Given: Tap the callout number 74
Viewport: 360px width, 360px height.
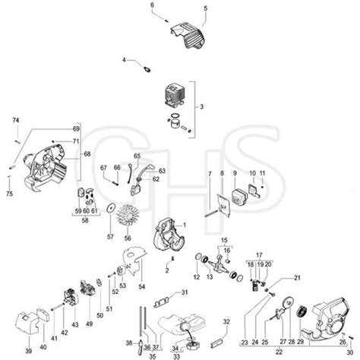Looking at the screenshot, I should (x=15, y=121).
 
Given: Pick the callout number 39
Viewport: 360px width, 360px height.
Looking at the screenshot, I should (x=29, y=351).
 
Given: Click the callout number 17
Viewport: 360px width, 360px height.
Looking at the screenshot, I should (x=258, y=255).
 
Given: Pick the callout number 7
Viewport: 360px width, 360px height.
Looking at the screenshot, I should (x=209, y=175).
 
